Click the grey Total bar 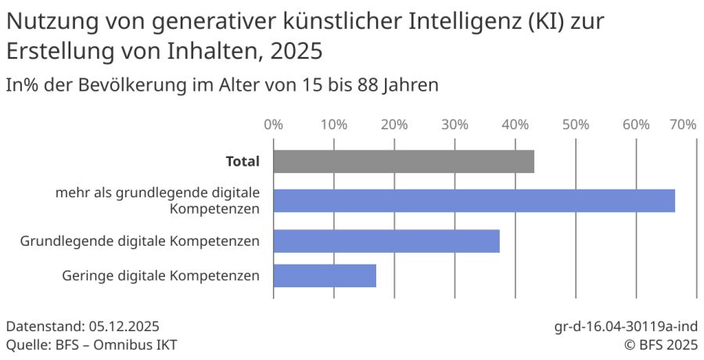pos(404,162)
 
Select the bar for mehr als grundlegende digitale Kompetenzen pos(474,200)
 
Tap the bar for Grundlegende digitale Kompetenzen pos(386,241)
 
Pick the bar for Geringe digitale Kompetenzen pos(325,276)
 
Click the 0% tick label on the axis pos(273,124)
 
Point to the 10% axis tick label pos(334,124)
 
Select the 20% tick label pos(394,124)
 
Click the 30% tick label pos(454,124)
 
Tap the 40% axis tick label pos(515,124)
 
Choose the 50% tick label pos(575,124)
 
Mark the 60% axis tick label pos(636,124)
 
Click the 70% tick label pos(682,124)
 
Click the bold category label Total pos(242,162)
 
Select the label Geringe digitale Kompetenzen pos(160,276)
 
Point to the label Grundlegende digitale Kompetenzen pos(140,241)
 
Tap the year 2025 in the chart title pos(295,51)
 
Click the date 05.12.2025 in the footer pos(114,326)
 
